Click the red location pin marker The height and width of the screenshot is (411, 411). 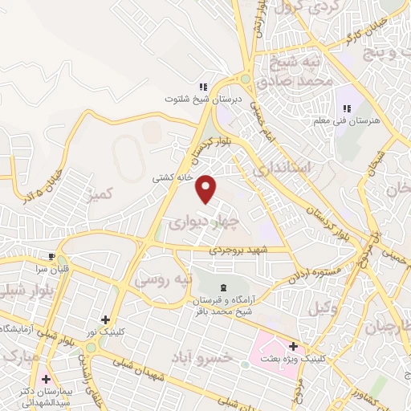pos(207,189)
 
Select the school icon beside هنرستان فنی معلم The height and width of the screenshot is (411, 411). pos(348,108)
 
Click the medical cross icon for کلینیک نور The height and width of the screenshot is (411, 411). pos(105,319)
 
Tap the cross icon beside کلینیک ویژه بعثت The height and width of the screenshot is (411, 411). pos(294,347)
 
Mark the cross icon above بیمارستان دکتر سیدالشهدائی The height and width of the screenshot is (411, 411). pos(47,378)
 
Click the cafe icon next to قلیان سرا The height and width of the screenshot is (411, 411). pos(52,258)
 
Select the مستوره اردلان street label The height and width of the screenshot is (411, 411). pos(319,273)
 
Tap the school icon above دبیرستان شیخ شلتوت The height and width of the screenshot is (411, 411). pos(203,86)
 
